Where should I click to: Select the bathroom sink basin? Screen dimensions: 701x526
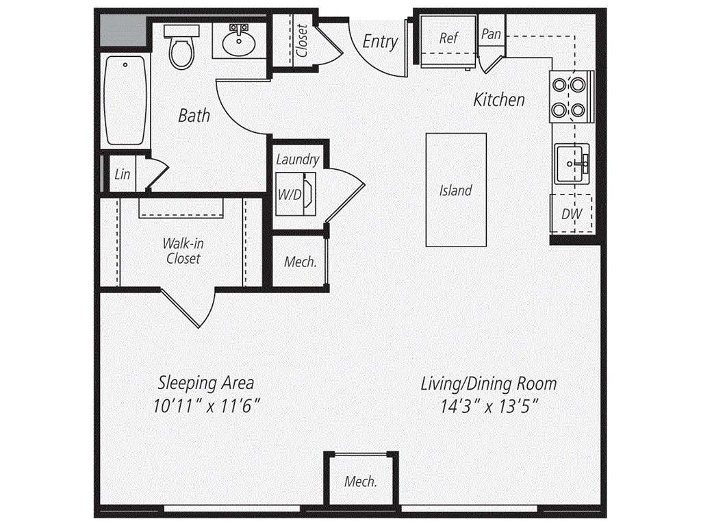[239, 44]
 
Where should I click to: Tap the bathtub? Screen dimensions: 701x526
[125, 100]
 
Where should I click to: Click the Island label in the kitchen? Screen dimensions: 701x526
[455, 190]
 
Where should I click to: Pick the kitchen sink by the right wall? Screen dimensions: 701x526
[572, 164]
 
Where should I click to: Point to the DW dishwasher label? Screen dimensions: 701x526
[572, 214]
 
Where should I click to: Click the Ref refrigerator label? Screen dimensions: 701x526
[448, 38]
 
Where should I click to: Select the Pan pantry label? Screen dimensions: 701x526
[491, 34]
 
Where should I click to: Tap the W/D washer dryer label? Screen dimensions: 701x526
[290, 195]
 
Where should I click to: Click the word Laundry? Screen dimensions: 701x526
[297, 160]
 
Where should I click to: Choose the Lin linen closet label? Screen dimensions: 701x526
[122, 174]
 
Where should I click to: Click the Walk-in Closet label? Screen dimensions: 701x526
[183, 251]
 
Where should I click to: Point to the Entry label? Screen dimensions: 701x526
[380, 42]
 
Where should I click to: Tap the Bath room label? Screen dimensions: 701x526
[194, 115]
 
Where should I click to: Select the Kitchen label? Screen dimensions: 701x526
[499, 99]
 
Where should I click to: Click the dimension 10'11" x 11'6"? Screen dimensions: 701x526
[207, 406]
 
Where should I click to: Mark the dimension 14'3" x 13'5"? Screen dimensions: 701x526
[489, 407]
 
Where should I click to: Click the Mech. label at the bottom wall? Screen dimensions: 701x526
[361, 481]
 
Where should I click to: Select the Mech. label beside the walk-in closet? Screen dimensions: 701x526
[301, 262]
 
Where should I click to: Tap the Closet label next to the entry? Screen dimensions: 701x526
[302, 40]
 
